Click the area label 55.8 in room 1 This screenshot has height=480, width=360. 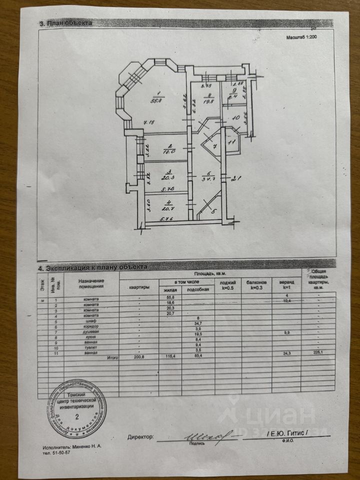(x=158, y=100)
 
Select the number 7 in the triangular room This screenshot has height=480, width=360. (x=214, y=146)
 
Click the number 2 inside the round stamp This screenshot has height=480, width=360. (x=76, y=414)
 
